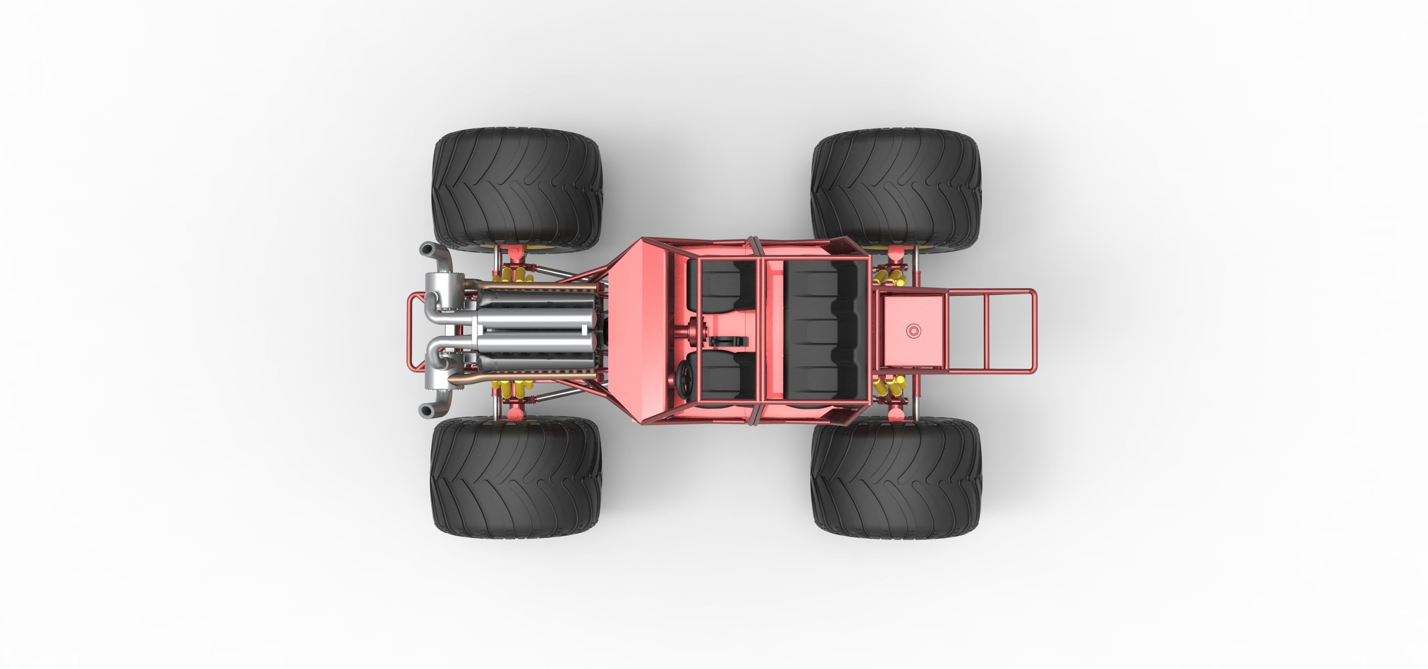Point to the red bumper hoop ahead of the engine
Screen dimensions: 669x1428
coord(411,331)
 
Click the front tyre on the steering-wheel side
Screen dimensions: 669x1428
coord(516,477)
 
